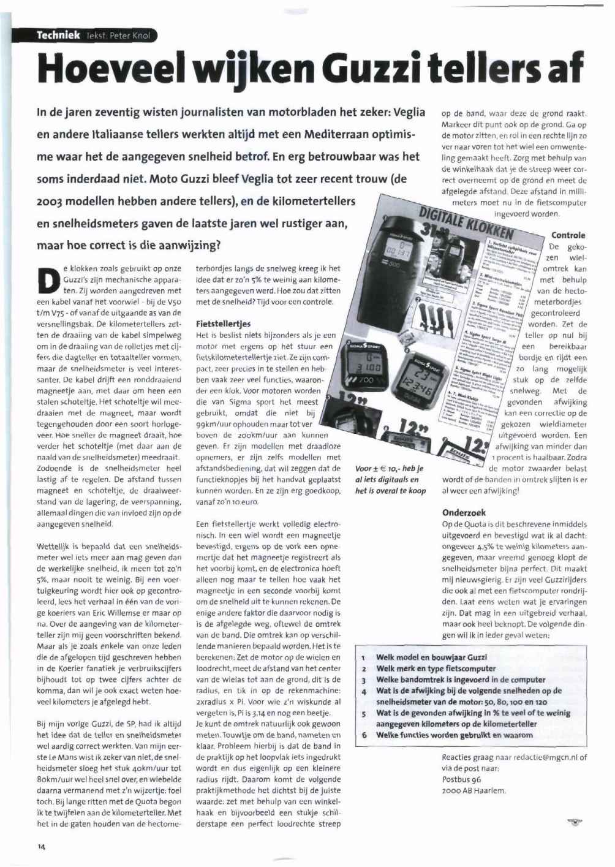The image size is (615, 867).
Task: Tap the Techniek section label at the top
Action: (x=58, y=35)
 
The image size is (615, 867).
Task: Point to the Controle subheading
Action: (x=568, y=235)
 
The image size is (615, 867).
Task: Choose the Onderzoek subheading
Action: (x=464, y=512)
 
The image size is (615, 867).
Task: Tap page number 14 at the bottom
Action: (x=41, y=847)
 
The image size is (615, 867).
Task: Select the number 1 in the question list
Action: (x=363, y=657)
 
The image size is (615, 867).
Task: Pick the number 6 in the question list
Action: (x=363, y=735)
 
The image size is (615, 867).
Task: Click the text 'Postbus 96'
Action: (x=461, y=779)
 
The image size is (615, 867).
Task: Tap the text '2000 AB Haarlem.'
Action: (x=474, y=790)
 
